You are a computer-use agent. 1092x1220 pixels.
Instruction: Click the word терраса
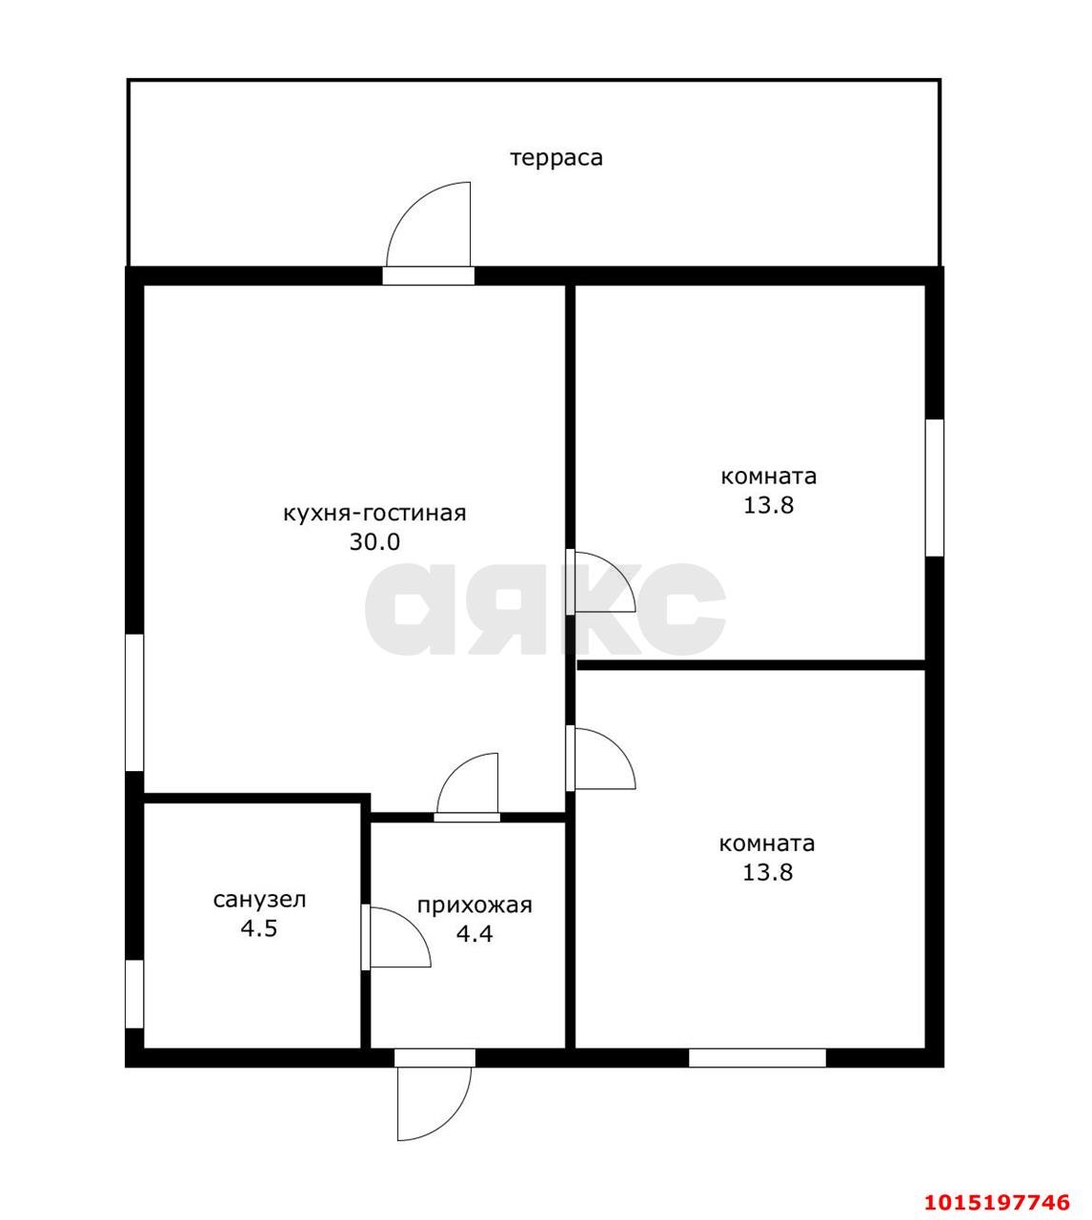point(556,158)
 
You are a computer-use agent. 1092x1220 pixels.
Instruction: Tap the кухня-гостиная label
point(374,513)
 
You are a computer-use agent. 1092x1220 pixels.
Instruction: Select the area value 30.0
point(374,542)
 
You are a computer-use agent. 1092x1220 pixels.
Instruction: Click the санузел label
point(259,900)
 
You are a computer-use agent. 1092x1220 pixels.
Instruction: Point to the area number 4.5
point(259,928)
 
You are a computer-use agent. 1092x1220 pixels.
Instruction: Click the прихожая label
point(475,905)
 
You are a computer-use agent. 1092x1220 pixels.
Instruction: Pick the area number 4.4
point(475,934)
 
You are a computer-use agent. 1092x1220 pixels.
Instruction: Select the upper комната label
point(769,477)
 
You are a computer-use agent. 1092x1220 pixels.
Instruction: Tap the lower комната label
point(767,844)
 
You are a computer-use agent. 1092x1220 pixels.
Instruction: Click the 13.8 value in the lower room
point(767,872)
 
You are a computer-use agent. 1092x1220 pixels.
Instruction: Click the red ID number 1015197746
point(998,1186)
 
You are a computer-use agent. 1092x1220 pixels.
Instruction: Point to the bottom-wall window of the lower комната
point(758,1058)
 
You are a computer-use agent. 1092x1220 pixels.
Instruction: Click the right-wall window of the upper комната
point(934,488)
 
